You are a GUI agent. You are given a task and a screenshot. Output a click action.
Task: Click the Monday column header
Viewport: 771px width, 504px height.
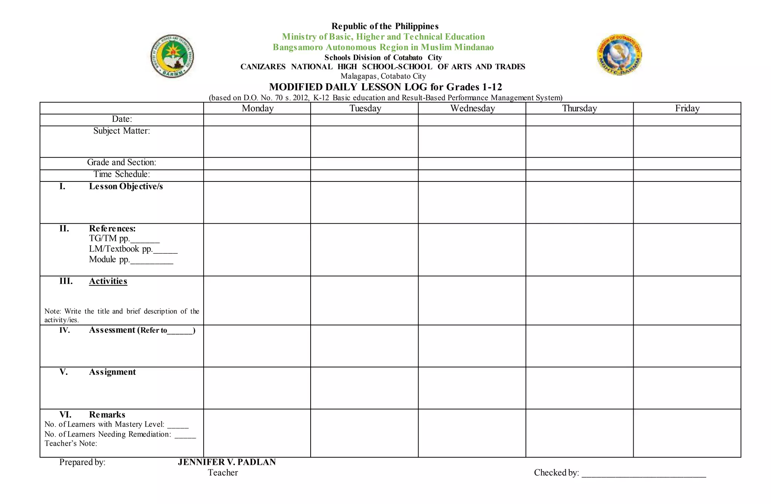click(x=258, y=108)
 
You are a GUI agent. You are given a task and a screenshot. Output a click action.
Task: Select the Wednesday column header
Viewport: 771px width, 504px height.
click(x=472, y=108)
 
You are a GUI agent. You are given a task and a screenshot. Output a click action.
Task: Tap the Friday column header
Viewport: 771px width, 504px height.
click(x=687, y=108)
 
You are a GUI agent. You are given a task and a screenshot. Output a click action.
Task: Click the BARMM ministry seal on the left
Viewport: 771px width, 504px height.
click(x=172, y=56)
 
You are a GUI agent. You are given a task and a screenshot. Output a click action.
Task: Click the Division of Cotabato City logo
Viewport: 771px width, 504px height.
click(x=619, y=55)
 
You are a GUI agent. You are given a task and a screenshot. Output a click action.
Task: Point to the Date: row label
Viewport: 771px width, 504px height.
click(x=122, y=119)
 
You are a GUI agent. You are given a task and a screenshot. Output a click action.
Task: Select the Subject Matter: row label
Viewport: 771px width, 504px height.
click(x=122, y=131)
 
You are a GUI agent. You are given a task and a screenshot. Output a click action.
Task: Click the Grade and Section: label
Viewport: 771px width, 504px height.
click(x=122, y=162)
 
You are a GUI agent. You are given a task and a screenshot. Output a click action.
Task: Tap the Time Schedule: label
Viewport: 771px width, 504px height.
click(x=122, y=174)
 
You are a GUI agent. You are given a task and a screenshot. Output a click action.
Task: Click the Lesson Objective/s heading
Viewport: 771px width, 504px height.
click(x=126, y=187)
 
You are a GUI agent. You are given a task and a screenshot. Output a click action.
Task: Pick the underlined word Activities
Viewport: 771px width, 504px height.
click(x=108, y=282)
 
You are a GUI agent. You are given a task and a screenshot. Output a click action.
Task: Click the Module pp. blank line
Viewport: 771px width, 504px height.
click(x=151, y=261)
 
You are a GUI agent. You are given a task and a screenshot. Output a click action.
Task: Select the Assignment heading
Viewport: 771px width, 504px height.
click(x=112, y=372)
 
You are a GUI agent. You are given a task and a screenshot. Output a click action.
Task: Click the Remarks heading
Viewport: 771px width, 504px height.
click(x=107, y=415)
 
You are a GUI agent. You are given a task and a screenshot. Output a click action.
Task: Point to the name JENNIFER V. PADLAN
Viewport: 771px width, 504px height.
click(x=227, y=462)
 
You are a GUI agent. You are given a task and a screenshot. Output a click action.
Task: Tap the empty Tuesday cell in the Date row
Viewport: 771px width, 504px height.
click(x=364, y=120)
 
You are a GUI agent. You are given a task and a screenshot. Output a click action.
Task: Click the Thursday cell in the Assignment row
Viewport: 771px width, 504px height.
click(x=579, y=388)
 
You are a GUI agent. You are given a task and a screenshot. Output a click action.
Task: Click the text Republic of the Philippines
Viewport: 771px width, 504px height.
click(x=385, y=26)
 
